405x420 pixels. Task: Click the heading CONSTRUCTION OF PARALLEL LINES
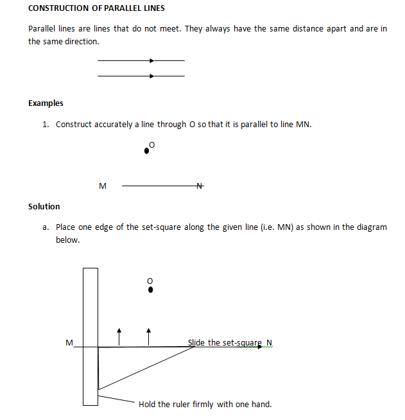[x=96, y=8]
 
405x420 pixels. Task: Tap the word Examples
[x=46, y=103]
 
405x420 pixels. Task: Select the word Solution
[x=44, y=207]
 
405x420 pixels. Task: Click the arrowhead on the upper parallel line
[x=151, y=61]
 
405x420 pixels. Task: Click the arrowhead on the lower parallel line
[x=151, y=76]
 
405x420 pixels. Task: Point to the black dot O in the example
[x=147, y=151]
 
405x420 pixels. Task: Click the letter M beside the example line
[x=102, y=187]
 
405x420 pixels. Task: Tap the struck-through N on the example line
[x=199, y=186]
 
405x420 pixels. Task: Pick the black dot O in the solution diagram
[x=150, y=290]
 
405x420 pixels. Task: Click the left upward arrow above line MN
[x=119, y=335]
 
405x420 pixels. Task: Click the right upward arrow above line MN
[x=149, y=335]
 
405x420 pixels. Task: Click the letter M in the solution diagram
[x=69, y=342]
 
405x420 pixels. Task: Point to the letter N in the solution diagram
[x=269, y=342]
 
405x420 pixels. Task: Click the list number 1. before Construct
[x=46, y=125]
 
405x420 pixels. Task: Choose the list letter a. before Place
[x=46, y=227]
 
